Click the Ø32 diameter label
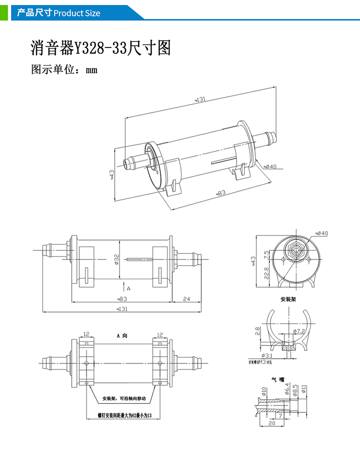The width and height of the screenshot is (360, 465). [x=117, y=259]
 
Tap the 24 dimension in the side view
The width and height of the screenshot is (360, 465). [x=186, y=299]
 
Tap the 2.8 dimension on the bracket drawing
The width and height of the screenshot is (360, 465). [x=258, y=331]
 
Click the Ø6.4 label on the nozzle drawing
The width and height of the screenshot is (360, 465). [x=288, y=389]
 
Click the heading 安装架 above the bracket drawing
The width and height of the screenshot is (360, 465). [x=289, y=299]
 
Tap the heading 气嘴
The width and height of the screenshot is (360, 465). [x=279, y=379]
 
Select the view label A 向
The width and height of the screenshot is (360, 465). [x=121, y=335]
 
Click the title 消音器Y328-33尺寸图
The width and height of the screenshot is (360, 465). [x=101, y=49]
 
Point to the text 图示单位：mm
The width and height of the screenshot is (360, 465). [x=64, y=70]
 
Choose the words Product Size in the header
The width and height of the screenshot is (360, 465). [x=77, y=13]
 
